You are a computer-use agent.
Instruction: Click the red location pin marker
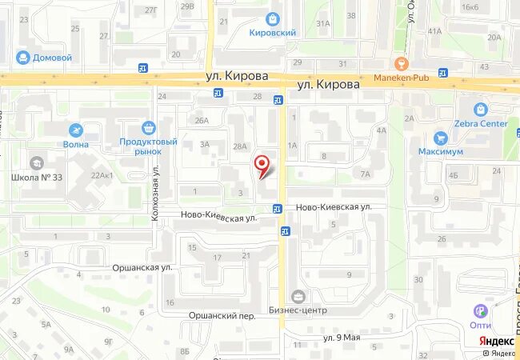(262, 166)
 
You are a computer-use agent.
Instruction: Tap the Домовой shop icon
(22, 58)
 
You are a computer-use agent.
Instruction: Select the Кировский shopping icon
(274, 19)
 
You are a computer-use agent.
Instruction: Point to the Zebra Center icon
(480, 110)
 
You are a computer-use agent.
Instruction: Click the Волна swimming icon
(75, 131)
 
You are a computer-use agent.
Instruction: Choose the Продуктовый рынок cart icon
(148, 128)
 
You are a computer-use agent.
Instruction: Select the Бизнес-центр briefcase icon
(298, 298)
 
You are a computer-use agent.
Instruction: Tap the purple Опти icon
(481, 311)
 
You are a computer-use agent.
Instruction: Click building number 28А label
(240, 146)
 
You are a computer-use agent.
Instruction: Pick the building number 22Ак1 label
(102, 176)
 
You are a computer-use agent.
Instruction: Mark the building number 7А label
(366, 174)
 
